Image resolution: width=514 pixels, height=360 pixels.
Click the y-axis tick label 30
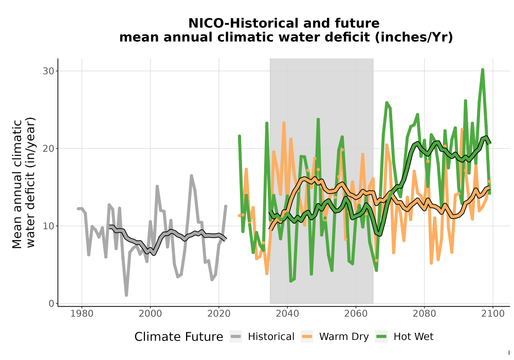(48, 71)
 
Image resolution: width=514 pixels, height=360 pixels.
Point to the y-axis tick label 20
(48, 149)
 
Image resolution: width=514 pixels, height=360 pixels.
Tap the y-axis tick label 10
(48, 226)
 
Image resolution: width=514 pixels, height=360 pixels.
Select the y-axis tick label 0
(51, 303)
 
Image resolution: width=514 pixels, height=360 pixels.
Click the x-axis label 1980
(82, 314)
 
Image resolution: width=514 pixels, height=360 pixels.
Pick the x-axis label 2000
(151, 314)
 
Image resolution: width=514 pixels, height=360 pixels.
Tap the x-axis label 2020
(219, 314)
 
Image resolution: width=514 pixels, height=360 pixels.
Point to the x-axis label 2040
(287, 314)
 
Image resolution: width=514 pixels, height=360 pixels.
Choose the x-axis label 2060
(356, 314)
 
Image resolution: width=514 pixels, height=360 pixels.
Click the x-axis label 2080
(425, 314)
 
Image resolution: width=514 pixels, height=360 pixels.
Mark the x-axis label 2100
(493, 314)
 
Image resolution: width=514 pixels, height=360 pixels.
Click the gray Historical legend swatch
(236, 337)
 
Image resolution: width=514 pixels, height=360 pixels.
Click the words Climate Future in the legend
(179, 337)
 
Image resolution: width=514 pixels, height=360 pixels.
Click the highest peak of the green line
(483, 69)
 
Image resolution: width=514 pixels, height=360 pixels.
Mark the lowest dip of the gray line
(126, 295)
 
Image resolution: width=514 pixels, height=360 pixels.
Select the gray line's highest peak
(191, 176)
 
